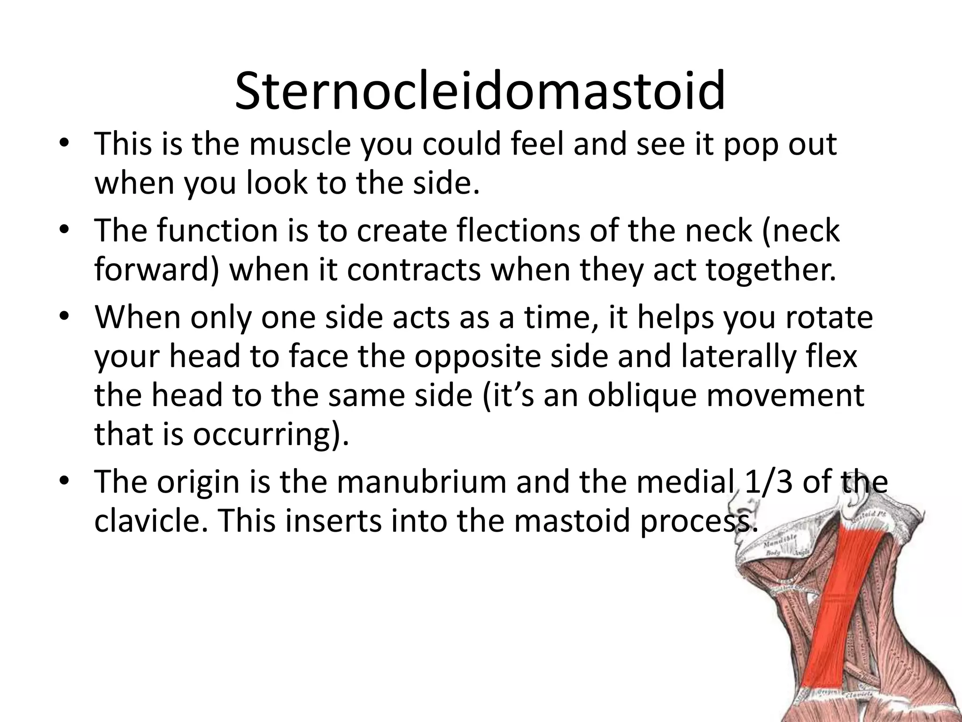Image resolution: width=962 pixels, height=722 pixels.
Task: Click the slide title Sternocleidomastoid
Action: [480, 91]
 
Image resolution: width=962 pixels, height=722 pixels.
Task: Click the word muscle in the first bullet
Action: [300, 144]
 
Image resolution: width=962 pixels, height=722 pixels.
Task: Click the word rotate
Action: [829, 317]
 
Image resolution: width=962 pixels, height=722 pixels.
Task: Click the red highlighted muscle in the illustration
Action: [841, 611]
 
